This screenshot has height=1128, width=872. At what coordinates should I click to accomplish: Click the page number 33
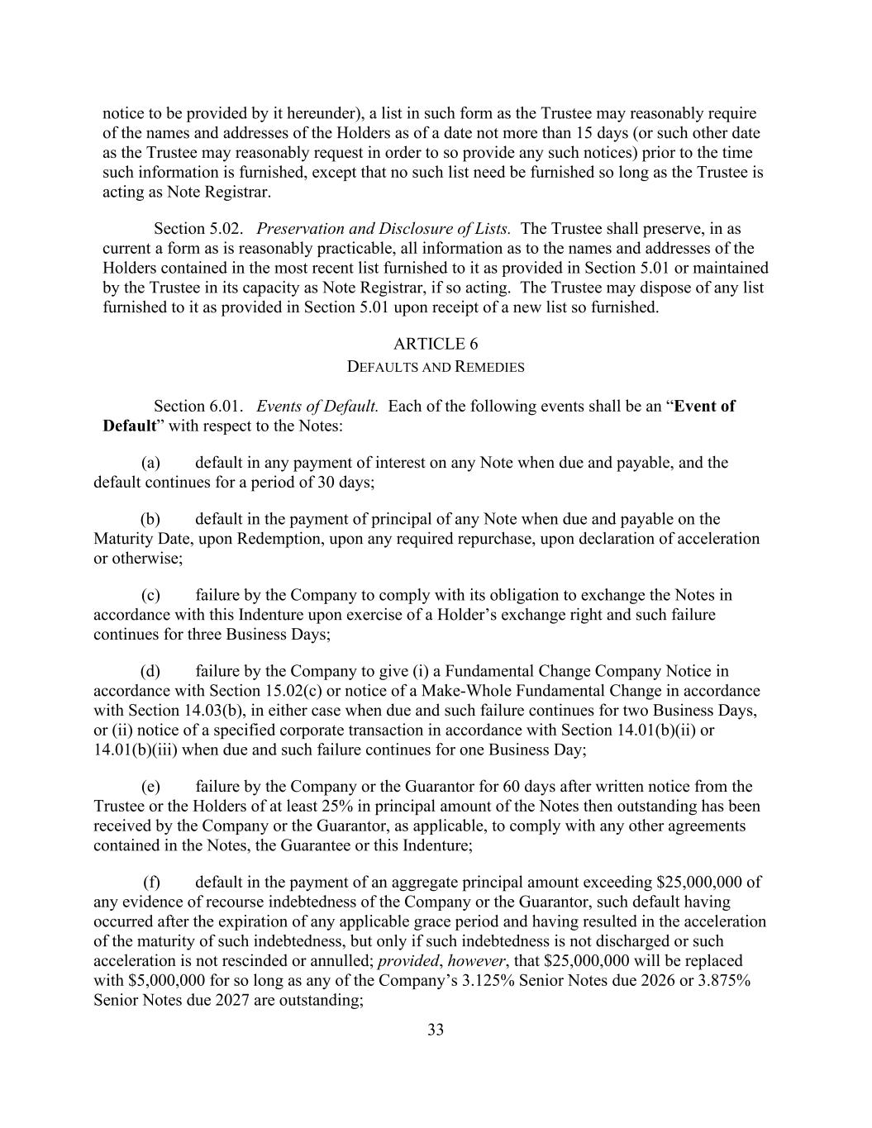pos(436,1030)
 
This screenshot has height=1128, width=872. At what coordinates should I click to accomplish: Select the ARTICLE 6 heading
pos(436,344)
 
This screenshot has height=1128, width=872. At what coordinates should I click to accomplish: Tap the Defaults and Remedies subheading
pos(436,367)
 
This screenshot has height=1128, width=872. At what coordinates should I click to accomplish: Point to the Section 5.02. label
pos(198,228)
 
